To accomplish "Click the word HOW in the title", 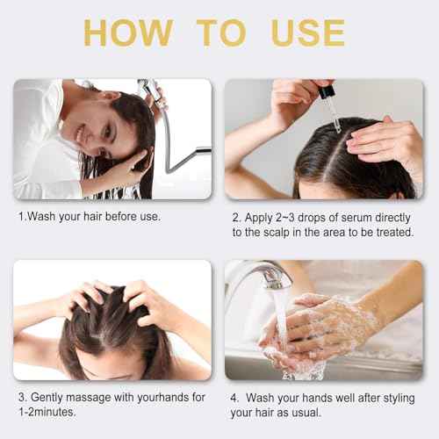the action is (x=128, y=32).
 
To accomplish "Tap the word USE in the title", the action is (x=308, y=32).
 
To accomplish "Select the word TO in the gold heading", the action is (x=221, y=32).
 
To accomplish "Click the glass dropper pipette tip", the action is (x=338, y=128).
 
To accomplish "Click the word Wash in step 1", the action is (x=41, y=217).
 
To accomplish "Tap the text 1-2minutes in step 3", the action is (x=47, y=412).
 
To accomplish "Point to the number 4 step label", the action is (x=234, y=398).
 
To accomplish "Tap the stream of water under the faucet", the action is (x=282, y=316).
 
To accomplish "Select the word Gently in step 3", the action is (x=47, y=398).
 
